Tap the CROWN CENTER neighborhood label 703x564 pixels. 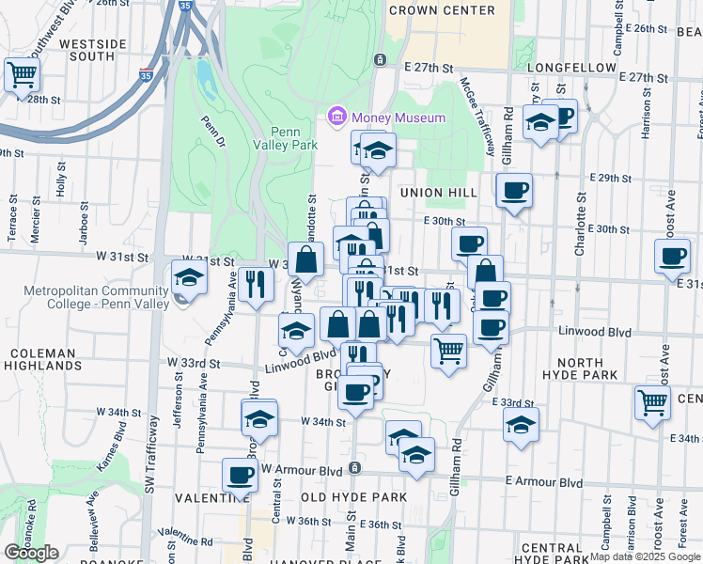tap(441, 10)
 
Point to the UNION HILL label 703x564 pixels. tap(440, 193)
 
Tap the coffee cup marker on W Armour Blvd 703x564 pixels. tap(241, 474)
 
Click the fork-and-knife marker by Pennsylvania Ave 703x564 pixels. tap(256, 283)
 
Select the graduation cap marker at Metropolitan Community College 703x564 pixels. tap(189, 279)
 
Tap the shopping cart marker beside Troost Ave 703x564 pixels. tap(652, 401)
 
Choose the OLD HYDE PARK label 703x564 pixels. tap(353, 496)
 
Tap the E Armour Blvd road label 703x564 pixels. tap(542, 481)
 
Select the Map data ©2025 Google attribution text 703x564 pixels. tap(646, 556)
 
